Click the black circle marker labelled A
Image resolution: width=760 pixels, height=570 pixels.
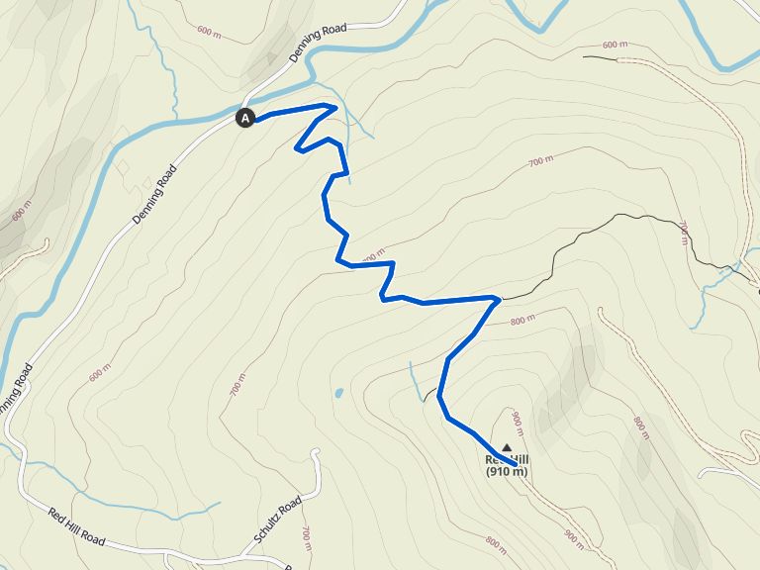click(x=245, y=118)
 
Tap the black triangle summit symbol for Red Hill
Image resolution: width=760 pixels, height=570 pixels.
click(x=508, y=447)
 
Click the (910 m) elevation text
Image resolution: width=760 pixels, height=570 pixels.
click(x=507, y=471)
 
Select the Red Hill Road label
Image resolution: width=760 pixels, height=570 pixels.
click(x=76, y=526)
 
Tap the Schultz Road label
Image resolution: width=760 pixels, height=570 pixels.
click(x=277, y=521)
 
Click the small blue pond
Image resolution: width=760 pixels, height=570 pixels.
click(x=338, y=393)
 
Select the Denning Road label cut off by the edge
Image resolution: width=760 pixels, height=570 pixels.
click(x=14, y=389)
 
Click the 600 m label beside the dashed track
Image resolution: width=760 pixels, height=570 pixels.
click(x=615, y=45)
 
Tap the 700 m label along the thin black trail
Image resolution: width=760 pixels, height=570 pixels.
click(x=683, y=231)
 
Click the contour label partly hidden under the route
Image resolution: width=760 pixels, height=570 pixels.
click(x=370, y=259)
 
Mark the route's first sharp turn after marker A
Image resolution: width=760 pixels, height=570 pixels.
click(x=336, y=107)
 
